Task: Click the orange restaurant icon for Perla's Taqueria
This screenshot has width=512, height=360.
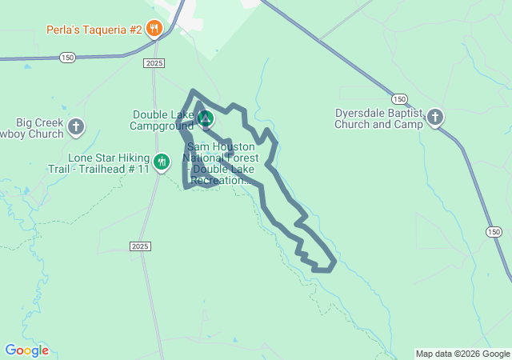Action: click(x=154, y=30)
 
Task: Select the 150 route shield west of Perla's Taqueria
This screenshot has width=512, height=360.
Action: click(x=67, y=58)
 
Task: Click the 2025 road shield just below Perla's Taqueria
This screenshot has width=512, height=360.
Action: click(x=154, y=62)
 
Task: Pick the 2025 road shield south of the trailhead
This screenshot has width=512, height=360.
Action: click(x=139, y=246)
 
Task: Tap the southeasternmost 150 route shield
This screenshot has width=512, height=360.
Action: click(x=494, y=230)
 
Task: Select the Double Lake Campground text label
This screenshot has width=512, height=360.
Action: click(x=163, y=120)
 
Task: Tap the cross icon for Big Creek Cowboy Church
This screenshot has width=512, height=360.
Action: click(x=76, y=126)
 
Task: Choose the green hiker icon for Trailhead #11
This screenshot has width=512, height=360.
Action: click(x=162, y=162)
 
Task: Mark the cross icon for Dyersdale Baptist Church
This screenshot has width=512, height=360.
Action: click(x=435, y=118)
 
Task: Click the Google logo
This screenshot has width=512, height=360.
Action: click(x=26, y=350)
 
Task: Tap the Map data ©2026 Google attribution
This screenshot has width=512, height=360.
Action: click(x=462, y=354)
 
